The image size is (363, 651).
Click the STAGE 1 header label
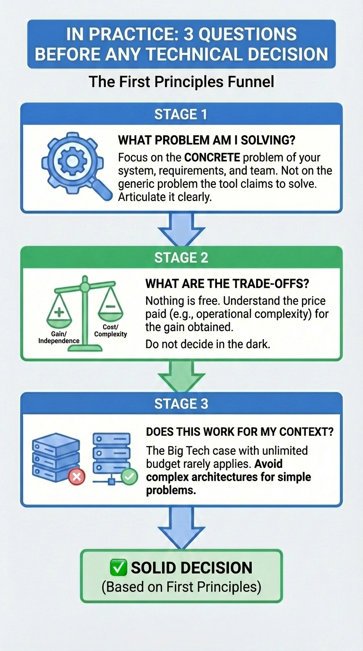181,114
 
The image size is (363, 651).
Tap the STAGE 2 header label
181,258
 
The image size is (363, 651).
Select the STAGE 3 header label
181,404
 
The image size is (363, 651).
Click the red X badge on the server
77,477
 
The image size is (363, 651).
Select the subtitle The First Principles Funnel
181,81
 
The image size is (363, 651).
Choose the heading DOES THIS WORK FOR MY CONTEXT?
239,431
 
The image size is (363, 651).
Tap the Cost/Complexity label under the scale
111,331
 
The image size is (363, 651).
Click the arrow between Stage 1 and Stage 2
181,229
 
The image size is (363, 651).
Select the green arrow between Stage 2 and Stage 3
181,376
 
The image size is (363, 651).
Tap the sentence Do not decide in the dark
207,344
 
